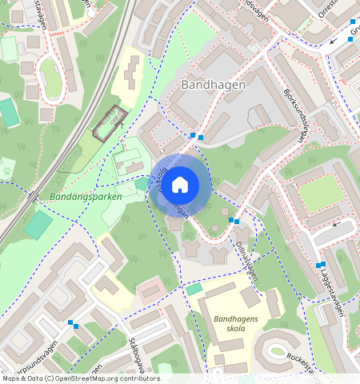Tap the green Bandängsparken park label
(x=86, y=196)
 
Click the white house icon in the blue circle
(x=180, y=185)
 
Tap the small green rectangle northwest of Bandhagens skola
(x=194, y=288)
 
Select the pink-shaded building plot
(x=150, y=290)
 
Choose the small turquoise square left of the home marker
(x=142, y=184)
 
